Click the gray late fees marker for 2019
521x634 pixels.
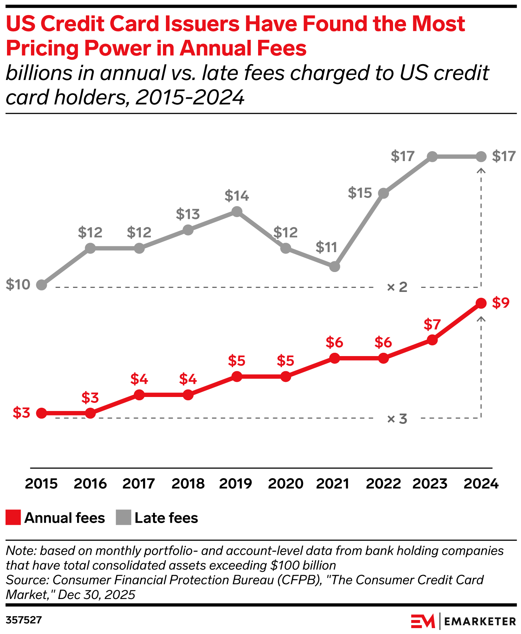tap(237, 212)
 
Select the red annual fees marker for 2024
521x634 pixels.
tap(481, 303)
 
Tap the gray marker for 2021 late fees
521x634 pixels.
tap(334, 267)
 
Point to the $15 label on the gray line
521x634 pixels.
tap(360, 193)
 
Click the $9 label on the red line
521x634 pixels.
tap(501, 303)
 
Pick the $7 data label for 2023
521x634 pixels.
tap(432, 324)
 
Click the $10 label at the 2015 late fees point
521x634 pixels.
tap(18, 285)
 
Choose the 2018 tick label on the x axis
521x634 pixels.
tap(188, 484)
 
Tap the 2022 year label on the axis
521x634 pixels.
tap(383, 484)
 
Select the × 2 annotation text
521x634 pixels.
tap(397, 287)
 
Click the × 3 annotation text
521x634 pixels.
tap(397, 419)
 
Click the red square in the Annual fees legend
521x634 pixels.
tap(13, 518)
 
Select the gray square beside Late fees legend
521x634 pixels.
tap(124, 518)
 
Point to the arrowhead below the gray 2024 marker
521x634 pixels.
tap(481, 170)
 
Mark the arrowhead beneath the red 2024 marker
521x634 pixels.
tap(481, 318)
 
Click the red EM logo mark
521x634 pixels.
tap(423, 621)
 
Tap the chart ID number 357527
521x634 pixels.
tap(24, 620)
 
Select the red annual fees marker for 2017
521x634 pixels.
tap(139, 395)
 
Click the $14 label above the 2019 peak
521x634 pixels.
tap(237, 196)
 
